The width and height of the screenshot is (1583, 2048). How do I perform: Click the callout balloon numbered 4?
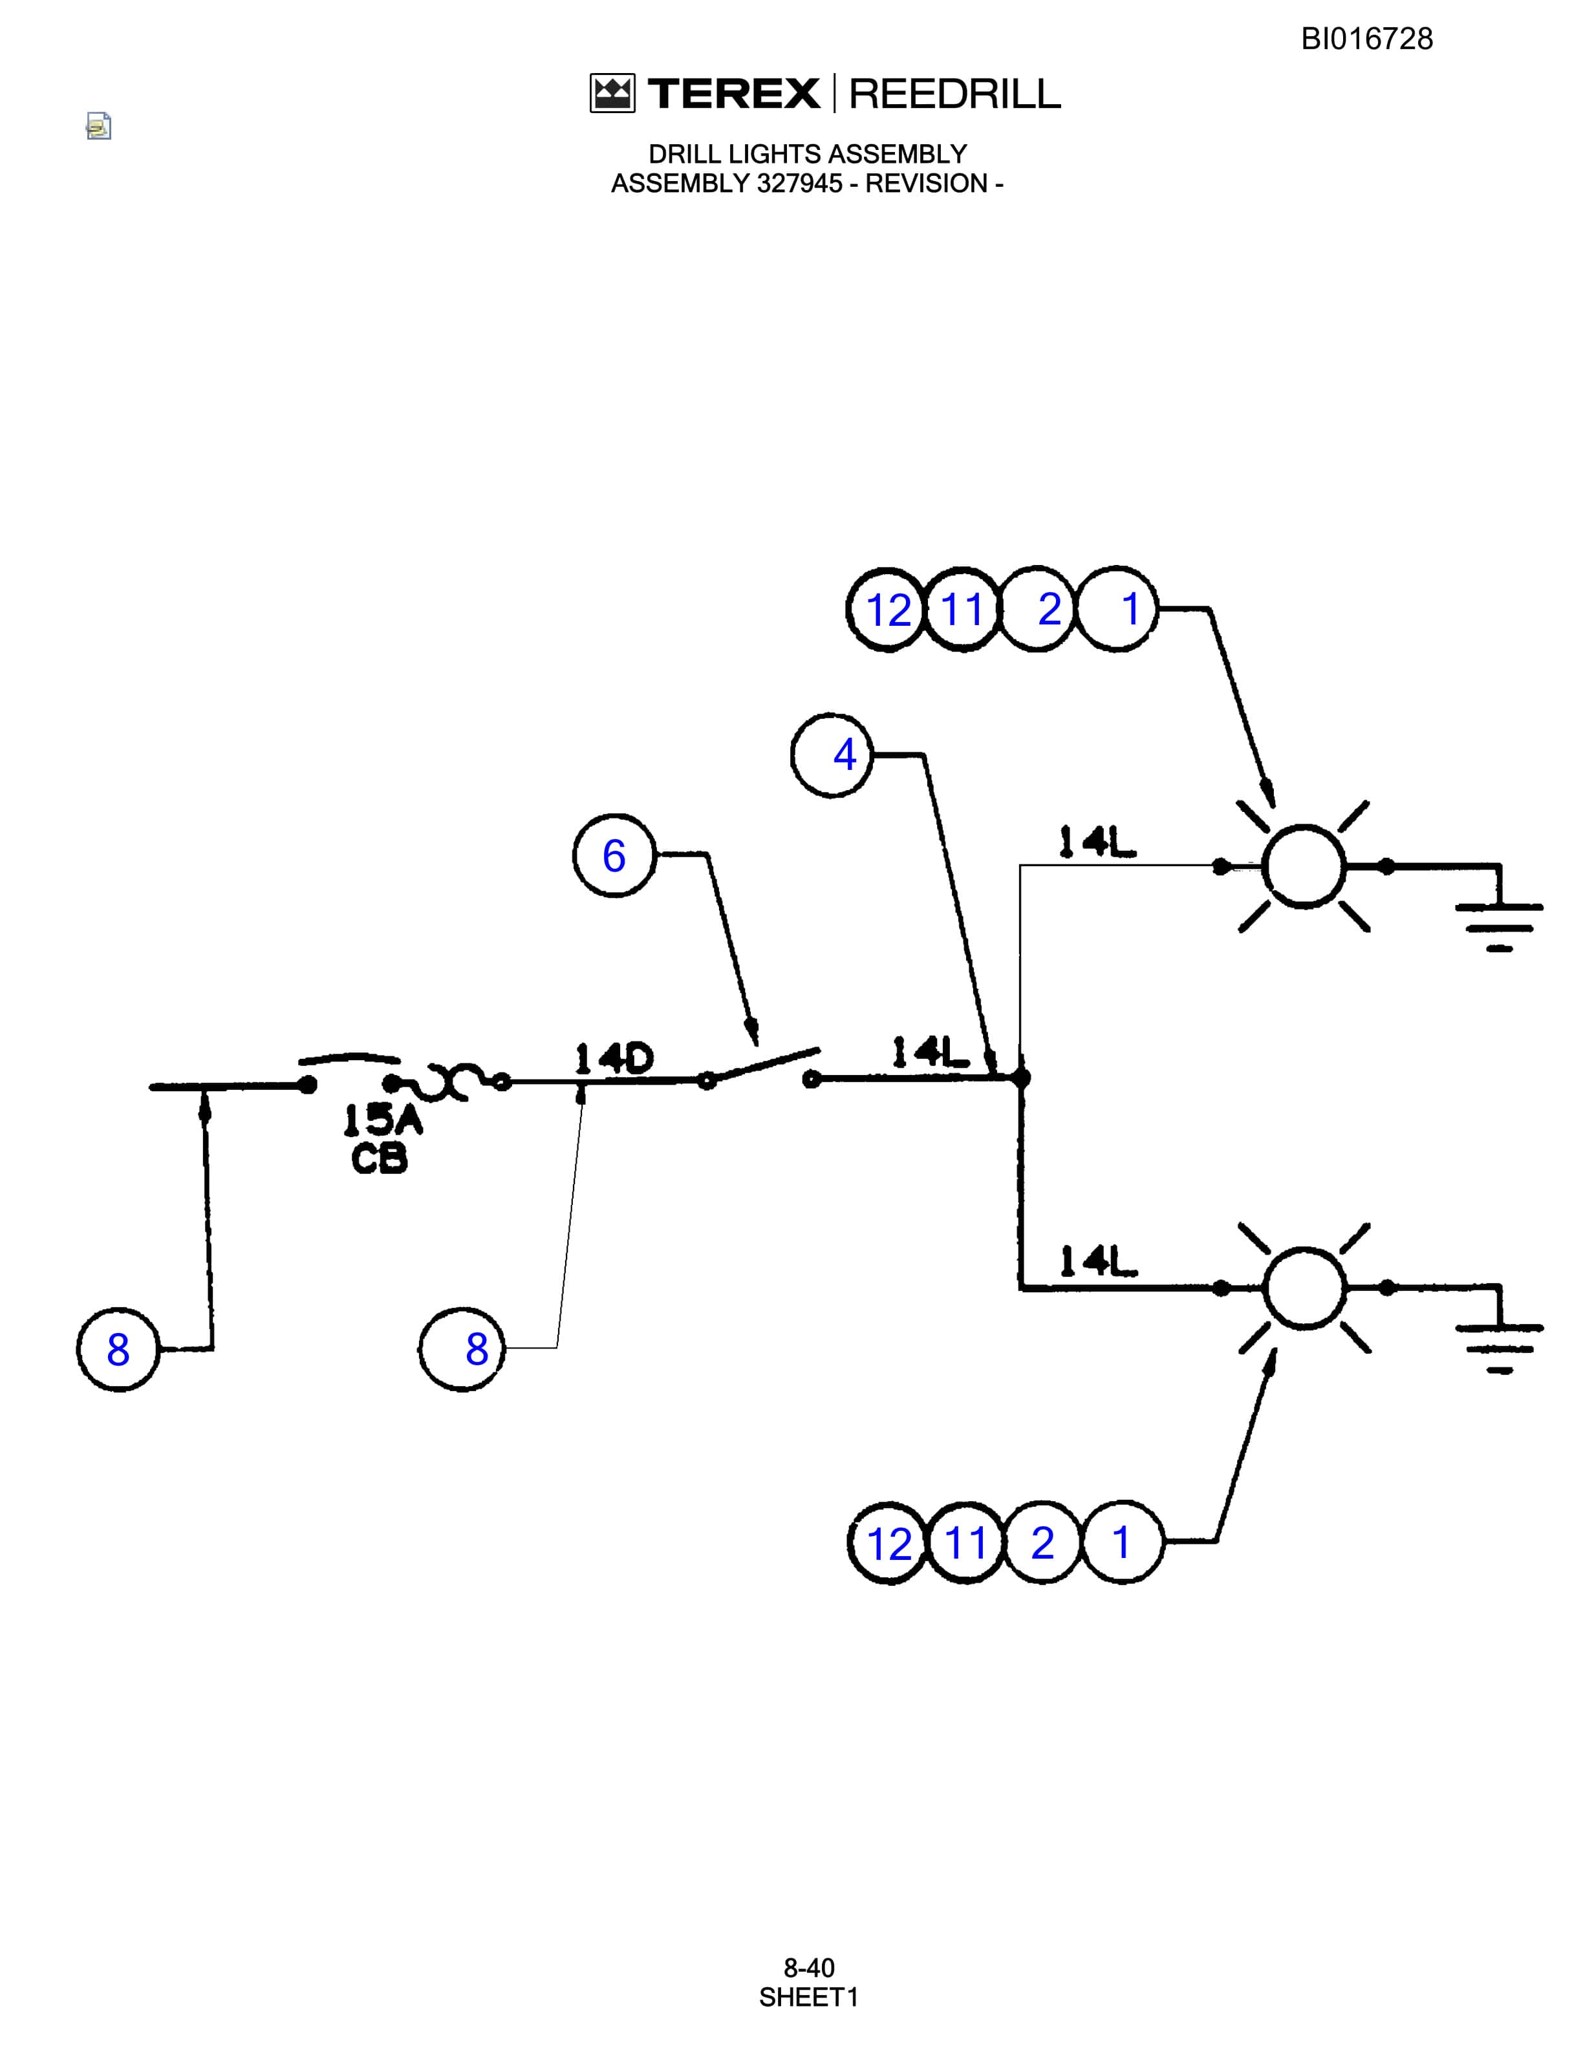pos(832,755)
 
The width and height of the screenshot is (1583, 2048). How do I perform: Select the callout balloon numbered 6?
pos(614,855)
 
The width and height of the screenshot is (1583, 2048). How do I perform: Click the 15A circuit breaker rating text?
pos(383,1119)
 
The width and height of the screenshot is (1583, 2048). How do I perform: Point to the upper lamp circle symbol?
pos(1304,866)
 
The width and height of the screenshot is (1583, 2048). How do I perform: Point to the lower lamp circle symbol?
pos(1304,1288)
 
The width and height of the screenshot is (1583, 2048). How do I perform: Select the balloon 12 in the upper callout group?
pos(888,610)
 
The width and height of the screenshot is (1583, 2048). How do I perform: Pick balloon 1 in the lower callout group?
pos(1121,1542)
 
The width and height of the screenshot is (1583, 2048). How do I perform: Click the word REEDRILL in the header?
pos(954,94)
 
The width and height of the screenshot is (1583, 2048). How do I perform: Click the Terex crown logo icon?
pos(612,94)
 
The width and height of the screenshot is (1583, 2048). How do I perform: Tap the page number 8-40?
pos(808,1967)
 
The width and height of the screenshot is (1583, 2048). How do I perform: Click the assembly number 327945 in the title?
pos(800,184)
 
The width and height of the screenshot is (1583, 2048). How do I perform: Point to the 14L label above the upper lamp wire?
pos(1097,842)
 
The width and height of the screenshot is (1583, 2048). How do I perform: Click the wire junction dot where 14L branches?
pos(1021,1078)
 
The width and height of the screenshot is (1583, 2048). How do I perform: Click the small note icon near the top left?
pos(98,125)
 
